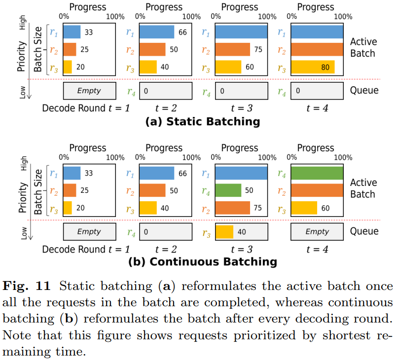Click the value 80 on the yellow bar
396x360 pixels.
click(325, 67)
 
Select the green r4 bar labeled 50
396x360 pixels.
click(228, 190)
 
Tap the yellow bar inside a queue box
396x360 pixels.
click(224, 232)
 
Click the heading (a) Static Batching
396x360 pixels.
click(203, 121)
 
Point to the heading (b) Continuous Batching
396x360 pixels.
click(203, 262)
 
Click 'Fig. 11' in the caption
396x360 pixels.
click(27, 286)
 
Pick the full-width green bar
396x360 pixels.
click(317, 173)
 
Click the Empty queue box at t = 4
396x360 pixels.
click(317, 232)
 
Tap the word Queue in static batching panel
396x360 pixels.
click(364, 90)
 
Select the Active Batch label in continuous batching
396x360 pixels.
click(363, 188)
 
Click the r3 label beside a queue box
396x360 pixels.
click(206, 233)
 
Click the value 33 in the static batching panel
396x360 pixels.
click(89, 33)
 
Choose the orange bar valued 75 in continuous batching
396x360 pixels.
click(233, 208)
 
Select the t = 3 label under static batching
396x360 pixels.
click(242, 108)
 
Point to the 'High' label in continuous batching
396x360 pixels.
click(24, 163)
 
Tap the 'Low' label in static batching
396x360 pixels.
click(23, 92)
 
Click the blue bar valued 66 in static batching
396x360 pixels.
click(157, 32)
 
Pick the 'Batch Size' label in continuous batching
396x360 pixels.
click(38, 192)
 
